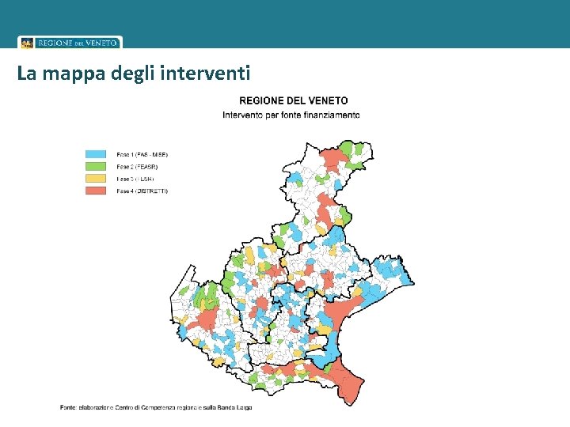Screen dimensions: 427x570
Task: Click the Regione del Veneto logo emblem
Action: (x=27, y=43)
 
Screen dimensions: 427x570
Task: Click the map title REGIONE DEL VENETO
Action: (x=293, y=101)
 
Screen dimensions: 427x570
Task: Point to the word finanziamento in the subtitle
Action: (x=330, y=115)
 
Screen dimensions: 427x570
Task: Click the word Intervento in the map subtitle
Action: (x=244, y=115)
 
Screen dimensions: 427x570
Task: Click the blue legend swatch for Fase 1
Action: (x=96, y=154)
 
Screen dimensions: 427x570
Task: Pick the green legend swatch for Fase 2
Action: (x=96, y=167)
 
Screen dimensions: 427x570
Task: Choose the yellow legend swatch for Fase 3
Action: (x=96, y=179)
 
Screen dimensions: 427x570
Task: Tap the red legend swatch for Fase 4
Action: (x=96, y=191)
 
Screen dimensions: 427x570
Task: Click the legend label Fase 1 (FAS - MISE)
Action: (x=142, y=154)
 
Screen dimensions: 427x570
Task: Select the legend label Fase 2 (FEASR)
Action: (x=137, y=167)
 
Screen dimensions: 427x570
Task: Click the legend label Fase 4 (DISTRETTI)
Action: (x=142, y=191)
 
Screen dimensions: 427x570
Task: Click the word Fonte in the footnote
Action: (x=69, y=407)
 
